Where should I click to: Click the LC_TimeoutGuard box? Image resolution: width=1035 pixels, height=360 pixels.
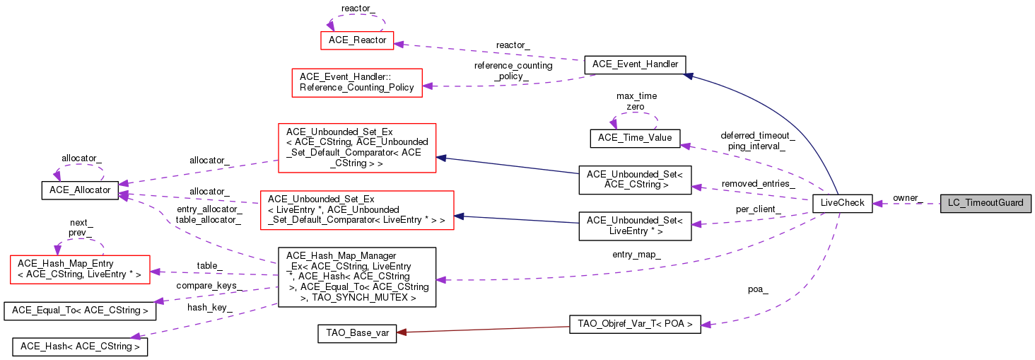pos(986,203)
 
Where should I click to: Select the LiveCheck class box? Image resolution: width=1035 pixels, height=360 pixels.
pos(842,203)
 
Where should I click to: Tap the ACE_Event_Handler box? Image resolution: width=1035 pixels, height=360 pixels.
pos(635,64)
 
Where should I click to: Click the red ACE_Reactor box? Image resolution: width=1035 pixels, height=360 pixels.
pos(357,40)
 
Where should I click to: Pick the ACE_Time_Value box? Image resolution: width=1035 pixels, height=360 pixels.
pos(635,137)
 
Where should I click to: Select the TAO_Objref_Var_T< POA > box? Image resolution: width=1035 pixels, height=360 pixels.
pos(635,325)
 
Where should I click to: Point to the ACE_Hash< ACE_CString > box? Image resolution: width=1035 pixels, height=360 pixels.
pos(80,347)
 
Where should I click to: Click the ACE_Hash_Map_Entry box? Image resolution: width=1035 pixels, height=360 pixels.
pos(79,268)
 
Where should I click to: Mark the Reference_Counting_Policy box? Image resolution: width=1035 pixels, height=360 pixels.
pos(357,82)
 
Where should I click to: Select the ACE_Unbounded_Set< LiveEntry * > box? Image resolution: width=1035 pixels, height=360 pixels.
pos(635,226)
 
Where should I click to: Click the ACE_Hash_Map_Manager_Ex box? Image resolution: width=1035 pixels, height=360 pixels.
pos(357,277)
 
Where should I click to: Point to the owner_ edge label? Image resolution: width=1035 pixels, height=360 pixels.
pos(908,197)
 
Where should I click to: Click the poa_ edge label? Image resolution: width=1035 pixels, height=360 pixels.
pos(758,289)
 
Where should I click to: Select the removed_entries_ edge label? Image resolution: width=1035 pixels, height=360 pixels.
pos(758,184)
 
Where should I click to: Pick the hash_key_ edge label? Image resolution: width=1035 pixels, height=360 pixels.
pos(210,308)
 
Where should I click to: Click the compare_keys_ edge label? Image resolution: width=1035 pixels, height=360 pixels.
pos(209,286)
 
